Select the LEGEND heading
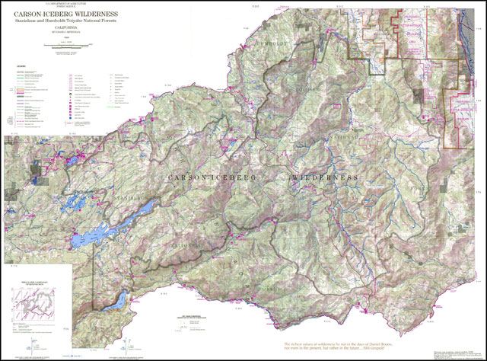point(19,66)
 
